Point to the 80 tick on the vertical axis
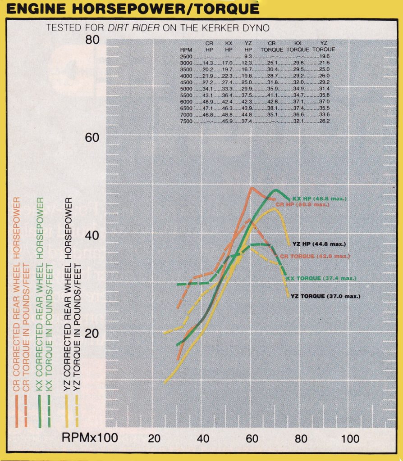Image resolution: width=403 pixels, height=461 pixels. pyautogui.click(x=92, y=40)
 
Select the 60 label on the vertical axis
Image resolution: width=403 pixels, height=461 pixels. pyautogui.click(x=92, y=137)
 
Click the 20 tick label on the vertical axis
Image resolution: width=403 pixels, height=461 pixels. pyautogui.click(x=92, y=332)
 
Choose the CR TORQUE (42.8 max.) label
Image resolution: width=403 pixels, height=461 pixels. pyautogui.click(x=315, y=256)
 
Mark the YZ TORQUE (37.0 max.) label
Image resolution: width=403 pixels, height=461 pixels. pyautogui.click(x=325, y=296)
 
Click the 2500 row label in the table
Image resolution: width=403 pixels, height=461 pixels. pyautogui.click(x=186, y=56)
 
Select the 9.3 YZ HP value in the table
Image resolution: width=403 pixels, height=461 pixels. pyautogui.click(x=248, y=56)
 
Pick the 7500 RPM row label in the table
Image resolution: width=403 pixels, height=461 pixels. pyautogui.click(x=186, y=121)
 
